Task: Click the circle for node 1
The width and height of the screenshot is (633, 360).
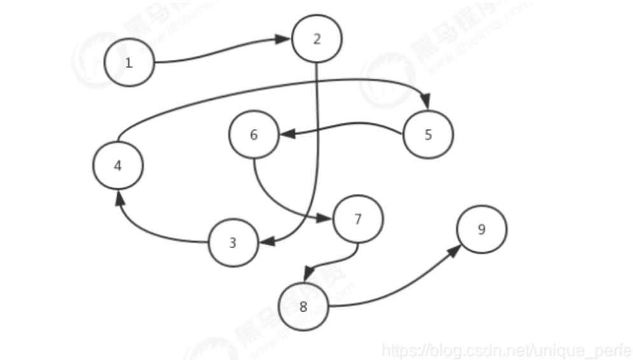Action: [x=129, y=62]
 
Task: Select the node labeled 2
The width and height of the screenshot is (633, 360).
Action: [x=317, y=39]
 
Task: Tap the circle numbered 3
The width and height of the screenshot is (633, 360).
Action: [x=233, y=243]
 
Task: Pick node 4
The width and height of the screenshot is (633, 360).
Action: [x=118, y=165]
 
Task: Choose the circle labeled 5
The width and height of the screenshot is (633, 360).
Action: [x=428, y=134]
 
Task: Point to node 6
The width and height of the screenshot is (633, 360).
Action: [x=254, y=135]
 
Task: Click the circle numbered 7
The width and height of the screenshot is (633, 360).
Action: [x=358, y=219]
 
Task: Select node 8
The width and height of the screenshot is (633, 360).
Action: [x=303, y=307]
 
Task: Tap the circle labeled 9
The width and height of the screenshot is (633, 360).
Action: [x=482, y=230]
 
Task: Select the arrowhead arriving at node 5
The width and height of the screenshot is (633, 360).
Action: [x=426, y=102]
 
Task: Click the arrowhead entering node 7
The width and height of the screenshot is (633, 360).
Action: [x=328, y=219]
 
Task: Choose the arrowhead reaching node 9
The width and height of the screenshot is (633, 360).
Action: [x=455, y=250]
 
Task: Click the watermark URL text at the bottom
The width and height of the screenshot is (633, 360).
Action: [x=506, y=349]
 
